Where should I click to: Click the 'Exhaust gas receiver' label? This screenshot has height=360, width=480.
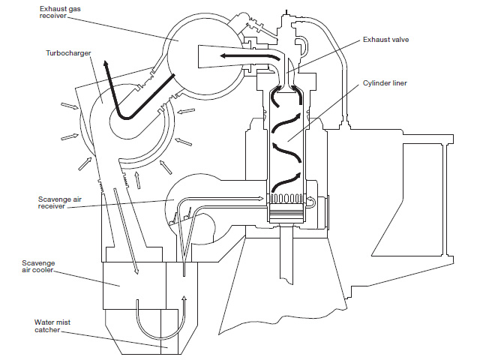tap(60, 12)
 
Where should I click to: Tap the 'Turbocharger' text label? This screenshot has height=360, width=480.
tap(68, 53)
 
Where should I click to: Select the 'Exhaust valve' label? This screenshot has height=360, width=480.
tap(385, 40)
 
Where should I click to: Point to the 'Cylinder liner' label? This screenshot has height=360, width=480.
tap(385, 83)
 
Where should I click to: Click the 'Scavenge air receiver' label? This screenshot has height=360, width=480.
tap(60, 202)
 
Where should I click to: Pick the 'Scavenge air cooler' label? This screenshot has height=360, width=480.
tap(38, 266)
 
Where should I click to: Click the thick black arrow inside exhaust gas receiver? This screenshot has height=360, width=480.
tap(250, 56)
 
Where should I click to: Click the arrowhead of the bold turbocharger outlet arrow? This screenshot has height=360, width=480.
tap(106, 64)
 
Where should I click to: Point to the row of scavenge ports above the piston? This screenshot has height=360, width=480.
tap(286, 198)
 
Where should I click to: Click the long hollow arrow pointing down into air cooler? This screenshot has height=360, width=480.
tap(126, 230)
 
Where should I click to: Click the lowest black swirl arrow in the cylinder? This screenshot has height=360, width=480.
tap(286, 181)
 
